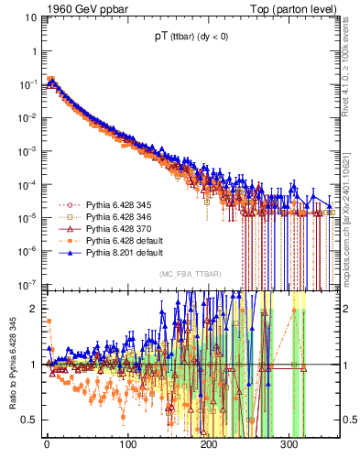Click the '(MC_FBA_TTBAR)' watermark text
[x=190, y=274]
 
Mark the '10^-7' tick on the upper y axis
[x=26, y=284]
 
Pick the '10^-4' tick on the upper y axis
[x=26, y=184]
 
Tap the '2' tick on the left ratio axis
[x=32, y=309]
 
